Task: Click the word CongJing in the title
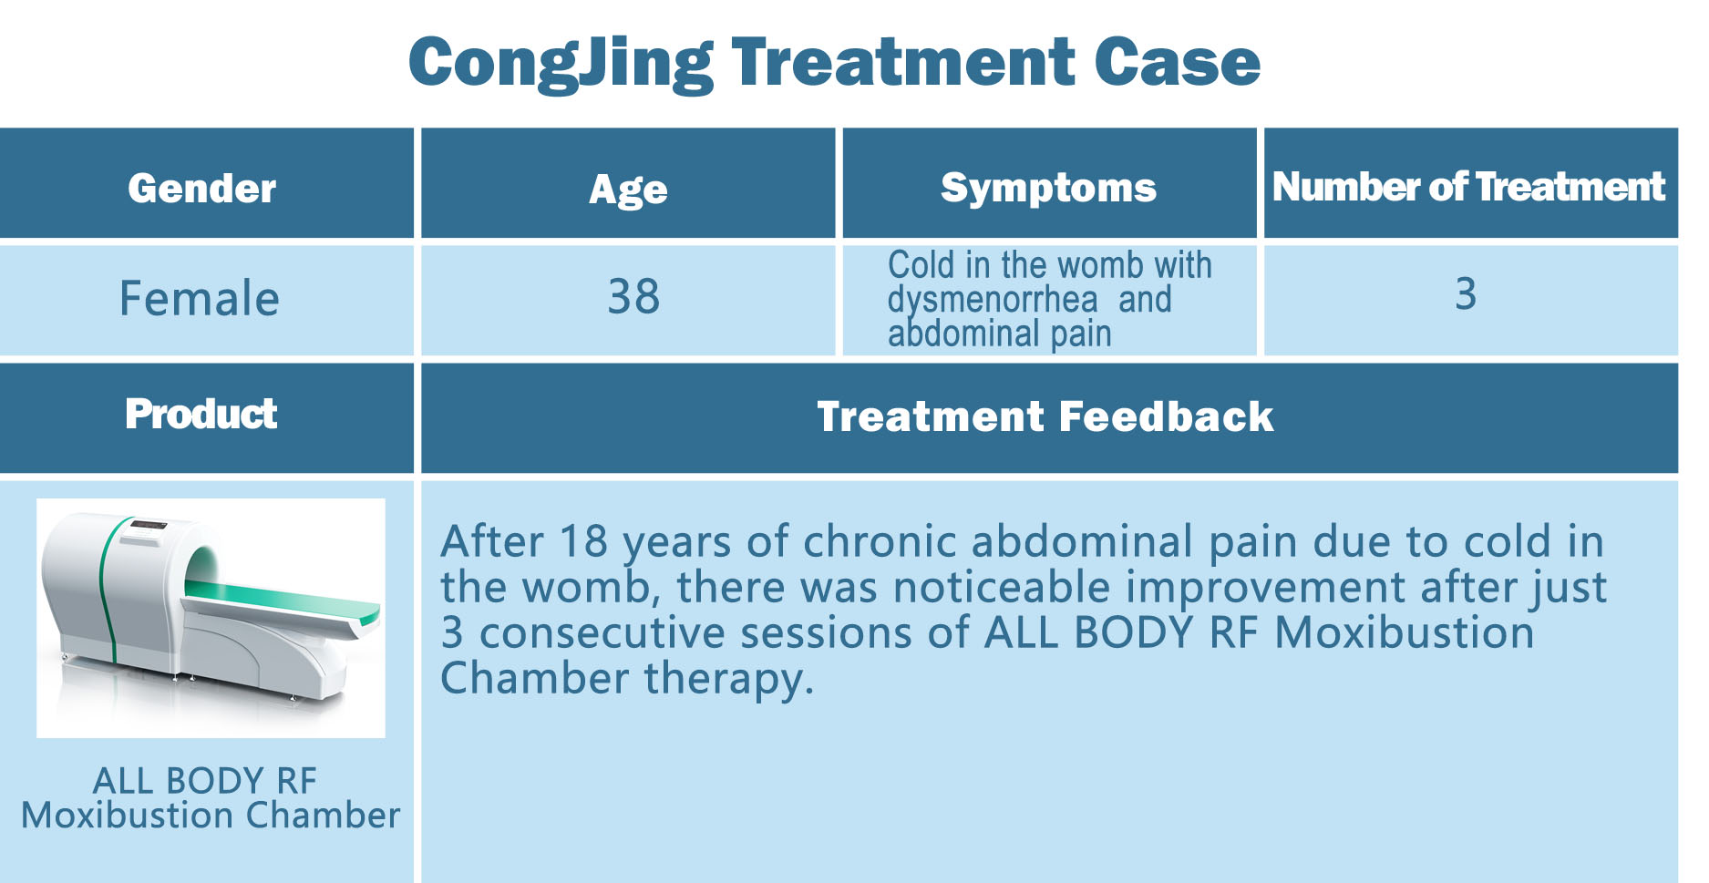click(x=561, y=64)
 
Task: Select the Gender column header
click(x=202, y=188)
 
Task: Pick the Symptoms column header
click(x=1048, y=189)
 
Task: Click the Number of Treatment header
click(x=1468, y=187)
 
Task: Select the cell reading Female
click(x=200, y=299)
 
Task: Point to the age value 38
click(x=633, y=297)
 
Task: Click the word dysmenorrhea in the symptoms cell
click(x=993, y=300)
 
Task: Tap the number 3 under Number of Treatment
click(x=1466, y=293)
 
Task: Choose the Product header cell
click(x=201, y=414)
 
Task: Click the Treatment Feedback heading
click(x=1045, y=416)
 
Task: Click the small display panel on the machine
click(x=148, y=526)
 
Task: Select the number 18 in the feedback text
click(x=583, y=541)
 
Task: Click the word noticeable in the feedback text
click(x=1002, y=587)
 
